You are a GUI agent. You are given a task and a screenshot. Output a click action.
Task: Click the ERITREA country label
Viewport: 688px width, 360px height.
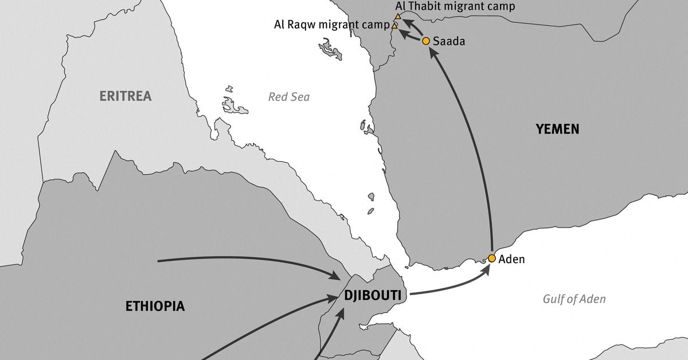[126, 96]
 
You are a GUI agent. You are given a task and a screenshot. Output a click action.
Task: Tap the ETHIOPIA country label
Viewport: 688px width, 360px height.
[155, 306]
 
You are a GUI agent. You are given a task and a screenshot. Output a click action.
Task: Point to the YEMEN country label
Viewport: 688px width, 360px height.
[557, 129]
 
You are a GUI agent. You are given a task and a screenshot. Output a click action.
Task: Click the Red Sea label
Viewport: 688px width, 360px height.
[289, 97]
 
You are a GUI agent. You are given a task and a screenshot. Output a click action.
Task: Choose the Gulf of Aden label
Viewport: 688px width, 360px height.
[574, 299]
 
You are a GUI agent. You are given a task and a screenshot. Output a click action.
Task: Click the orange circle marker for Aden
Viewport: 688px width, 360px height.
[491, 258]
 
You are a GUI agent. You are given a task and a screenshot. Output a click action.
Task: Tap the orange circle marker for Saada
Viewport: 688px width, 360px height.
[426, 41]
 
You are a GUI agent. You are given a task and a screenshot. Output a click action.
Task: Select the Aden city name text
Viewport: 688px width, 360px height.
[511, 259]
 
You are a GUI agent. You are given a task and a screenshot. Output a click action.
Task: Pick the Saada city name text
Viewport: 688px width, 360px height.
[449, 41]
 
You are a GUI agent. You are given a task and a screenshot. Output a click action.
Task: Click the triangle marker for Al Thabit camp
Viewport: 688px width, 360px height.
[398, 17]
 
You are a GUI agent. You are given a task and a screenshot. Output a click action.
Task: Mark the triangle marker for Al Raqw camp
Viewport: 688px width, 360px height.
[394, 26]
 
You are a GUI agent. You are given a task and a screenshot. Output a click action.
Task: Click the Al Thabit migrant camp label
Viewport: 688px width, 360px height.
[455, 6]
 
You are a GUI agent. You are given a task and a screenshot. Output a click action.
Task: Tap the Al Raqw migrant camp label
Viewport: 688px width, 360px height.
[331, 25]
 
